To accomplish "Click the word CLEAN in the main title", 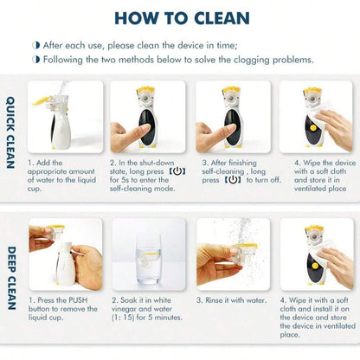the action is pyautogui.click(x=222, y=18).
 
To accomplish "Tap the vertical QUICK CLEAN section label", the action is pyautogui.click(x=10, y=132).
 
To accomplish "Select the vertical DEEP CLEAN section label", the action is pyautogui.click(x=11, y=278).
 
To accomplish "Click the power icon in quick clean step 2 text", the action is pyautogui.click(x=177, y=171).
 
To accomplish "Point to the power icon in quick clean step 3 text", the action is pyautogui.click(x=233, y=180).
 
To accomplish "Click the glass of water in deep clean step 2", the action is pyautogui.click(x=149, y=259).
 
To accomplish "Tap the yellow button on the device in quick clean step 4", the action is pyautogui.click(x=312, y=128).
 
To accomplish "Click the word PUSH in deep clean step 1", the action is pyautogui.click(x=78, y=300).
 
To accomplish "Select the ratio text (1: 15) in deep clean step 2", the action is pyautogui.click(x=123, y=318).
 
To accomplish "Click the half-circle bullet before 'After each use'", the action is pyautogui.click(x=36, y=45).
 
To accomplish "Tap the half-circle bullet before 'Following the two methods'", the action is pyautogui.click(x=36, y=60).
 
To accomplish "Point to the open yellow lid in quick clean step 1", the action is pyautogui.click(x=42, y=101).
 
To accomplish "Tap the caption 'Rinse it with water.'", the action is pyautogui.click(x=231, y=300).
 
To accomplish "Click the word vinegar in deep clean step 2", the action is pyautogui.click(x=124, y=309).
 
